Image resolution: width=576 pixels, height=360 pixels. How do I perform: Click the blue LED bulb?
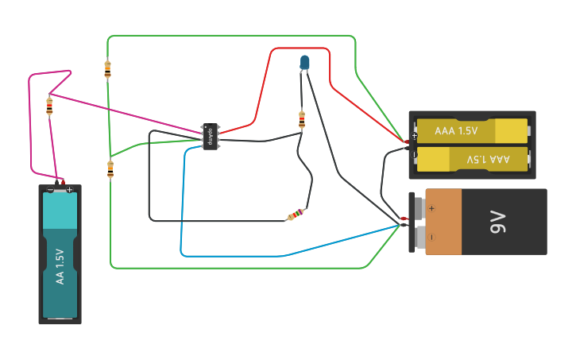click(305, 61)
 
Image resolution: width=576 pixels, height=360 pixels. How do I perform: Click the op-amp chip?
click(211, 136)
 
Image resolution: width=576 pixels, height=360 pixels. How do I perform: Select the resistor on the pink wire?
click(50, 106)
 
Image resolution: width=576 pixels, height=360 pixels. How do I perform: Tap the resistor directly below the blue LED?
click(302, 119)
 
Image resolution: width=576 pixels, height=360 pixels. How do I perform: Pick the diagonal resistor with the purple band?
click(295, 215)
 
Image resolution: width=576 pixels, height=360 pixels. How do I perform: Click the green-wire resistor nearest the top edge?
click(107, 69)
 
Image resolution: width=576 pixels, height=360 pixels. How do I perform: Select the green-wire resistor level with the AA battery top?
click(110, 168)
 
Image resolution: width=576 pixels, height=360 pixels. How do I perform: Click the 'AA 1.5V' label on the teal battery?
click(60, 266)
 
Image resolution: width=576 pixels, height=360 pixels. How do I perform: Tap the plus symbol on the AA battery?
click(70, 190)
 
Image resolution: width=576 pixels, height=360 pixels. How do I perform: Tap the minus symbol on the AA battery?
click(50, 190)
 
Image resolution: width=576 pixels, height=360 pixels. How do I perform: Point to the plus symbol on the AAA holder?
click(415, 136)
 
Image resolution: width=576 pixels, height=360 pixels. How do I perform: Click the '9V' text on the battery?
click(498, 222)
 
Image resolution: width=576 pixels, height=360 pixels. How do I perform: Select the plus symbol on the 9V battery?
click(432, 208)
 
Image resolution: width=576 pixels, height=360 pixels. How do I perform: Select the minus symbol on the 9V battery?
click(432, 236)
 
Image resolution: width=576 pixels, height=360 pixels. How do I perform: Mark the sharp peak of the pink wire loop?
click(71, 72)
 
